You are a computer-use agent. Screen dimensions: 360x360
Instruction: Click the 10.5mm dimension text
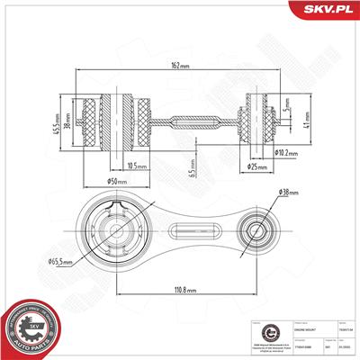pyautogui.click(x=138, y=165)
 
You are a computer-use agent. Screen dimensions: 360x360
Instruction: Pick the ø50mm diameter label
pyautogui.click(x=115, y=183)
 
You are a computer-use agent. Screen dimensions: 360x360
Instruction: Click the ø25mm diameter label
pyautogui.click(x=259, y=167)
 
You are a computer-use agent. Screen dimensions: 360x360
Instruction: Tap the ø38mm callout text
pyautogui.click(x=289, y=192)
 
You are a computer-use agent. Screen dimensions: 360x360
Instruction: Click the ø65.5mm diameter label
pyautogui.click(x=61, y=262)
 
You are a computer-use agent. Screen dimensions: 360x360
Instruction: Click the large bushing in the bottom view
pyautogui.click(x=117, y=229)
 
